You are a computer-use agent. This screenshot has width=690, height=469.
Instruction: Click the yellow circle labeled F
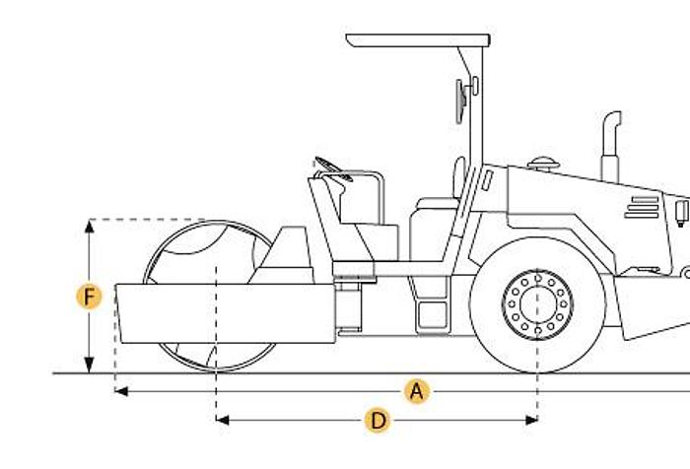89,297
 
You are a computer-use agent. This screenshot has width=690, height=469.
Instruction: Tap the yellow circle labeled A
417,391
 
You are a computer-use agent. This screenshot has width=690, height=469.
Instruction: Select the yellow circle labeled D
378,420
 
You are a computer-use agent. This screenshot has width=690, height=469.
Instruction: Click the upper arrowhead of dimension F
90,227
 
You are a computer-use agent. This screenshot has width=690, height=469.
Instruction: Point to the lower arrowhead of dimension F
90,365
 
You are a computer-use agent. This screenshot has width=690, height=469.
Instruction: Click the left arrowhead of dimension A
121,391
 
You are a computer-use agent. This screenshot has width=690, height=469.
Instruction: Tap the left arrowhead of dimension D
223,420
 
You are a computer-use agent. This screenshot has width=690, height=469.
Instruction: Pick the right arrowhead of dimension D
531,420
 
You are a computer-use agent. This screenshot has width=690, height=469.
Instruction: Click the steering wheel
333,168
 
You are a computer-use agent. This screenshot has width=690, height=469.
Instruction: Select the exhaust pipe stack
611,146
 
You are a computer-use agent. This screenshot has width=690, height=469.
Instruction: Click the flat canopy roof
418,40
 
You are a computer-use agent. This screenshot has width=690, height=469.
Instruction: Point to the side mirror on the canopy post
461,101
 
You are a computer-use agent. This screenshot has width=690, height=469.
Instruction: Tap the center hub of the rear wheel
538,304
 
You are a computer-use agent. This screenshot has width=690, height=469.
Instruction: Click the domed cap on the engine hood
543,164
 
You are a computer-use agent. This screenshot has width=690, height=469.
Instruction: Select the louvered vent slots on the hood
643,207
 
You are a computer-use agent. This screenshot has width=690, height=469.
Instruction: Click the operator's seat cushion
438,203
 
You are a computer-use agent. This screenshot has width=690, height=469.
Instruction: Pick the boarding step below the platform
433,316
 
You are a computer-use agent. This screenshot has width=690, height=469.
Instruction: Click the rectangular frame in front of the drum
226,313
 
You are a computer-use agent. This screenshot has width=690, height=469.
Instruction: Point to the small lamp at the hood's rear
682,213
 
